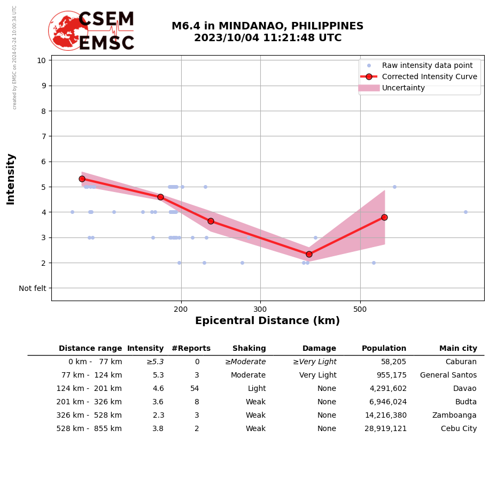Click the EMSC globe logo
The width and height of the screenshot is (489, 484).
tap(68, 30)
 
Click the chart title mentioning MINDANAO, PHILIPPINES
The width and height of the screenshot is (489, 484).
tap(267, 32)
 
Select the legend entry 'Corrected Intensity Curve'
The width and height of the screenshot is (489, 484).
tap(429, 76)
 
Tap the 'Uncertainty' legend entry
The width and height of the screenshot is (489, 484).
tap(403, 88)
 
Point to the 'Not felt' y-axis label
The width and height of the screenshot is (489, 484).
tap(33, 288)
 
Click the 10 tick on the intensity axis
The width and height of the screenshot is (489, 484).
tap(41, 60)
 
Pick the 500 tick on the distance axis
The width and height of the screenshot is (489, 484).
tap(360, 310)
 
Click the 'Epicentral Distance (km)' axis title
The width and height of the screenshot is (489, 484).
tap(267, 321)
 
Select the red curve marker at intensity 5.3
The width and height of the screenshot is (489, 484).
tap(82, 179)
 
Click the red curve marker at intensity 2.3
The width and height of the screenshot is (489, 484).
tap(309, 254)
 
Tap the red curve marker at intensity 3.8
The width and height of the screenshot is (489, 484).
tap(384, 217)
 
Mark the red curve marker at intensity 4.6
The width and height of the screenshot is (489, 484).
tap(160, 197)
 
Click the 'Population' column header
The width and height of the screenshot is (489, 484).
tap(384, 349)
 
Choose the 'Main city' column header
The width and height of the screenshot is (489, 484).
tap(458, 349)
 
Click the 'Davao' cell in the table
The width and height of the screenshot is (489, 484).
tap(465, 389)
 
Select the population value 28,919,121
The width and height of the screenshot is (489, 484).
tap(385, 429)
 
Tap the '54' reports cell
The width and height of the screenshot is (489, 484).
tap(195, 389)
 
